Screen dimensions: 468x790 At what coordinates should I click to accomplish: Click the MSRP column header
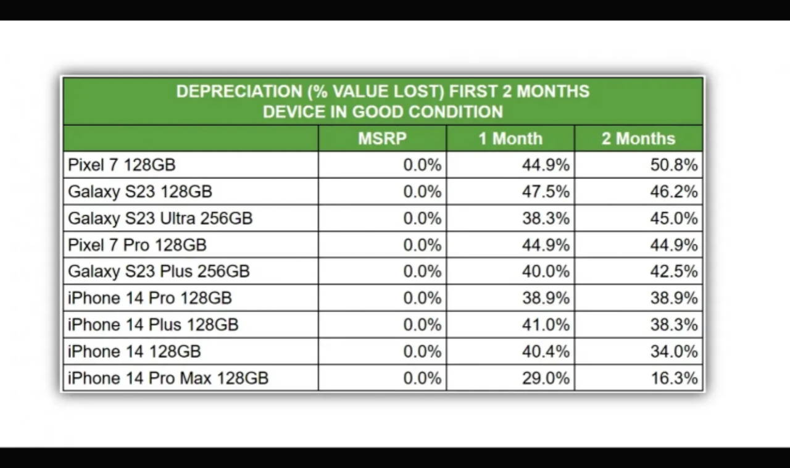click(x=382, y=138)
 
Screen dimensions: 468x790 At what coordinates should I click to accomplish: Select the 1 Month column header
click(x=510, y=138)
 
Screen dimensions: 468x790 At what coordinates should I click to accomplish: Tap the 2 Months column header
click(x=638, y=138)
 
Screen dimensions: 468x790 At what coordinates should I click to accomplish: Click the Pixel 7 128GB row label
click(x=122, y=165)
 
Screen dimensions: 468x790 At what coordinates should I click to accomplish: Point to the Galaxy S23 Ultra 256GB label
click(x=160, y=219)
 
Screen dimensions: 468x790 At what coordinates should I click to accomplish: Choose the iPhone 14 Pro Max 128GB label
click(x=168, y=378)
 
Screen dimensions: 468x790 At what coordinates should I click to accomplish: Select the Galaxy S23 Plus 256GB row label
click(x=159, y=272)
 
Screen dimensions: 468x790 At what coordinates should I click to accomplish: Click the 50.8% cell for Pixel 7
click(x=673, y=165)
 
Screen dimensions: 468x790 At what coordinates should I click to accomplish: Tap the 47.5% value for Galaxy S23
click(x=546, y=191)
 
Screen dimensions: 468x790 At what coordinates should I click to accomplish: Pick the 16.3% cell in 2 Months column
click(x=674, y=378)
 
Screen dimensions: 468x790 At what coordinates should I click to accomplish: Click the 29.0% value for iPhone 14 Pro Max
click(x=546, y=378)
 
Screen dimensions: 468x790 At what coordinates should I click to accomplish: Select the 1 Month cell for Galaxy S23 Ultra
click(x=546, y=219)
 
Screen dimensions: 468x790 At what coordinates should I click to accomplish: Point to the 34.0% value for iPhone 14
click(x=673, y=351)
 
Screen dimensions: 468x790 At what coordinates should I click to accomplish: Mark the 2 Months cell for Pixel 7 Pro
click(x=673, y=245)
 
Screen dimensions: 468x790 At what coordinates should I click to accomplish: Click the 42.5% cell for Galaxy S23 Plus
click(x=673, y=272)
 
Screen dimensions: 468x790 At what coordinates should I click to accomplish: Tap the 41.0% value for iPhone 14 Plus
click(x=546, y=325)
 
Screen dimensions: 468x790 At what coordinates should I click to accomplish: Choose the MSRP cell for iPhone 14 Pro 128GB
click(x=422, y=298)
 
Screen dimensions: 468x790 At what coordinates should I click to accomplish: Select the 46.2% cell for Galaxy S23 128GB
click(x=673, y=191)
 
